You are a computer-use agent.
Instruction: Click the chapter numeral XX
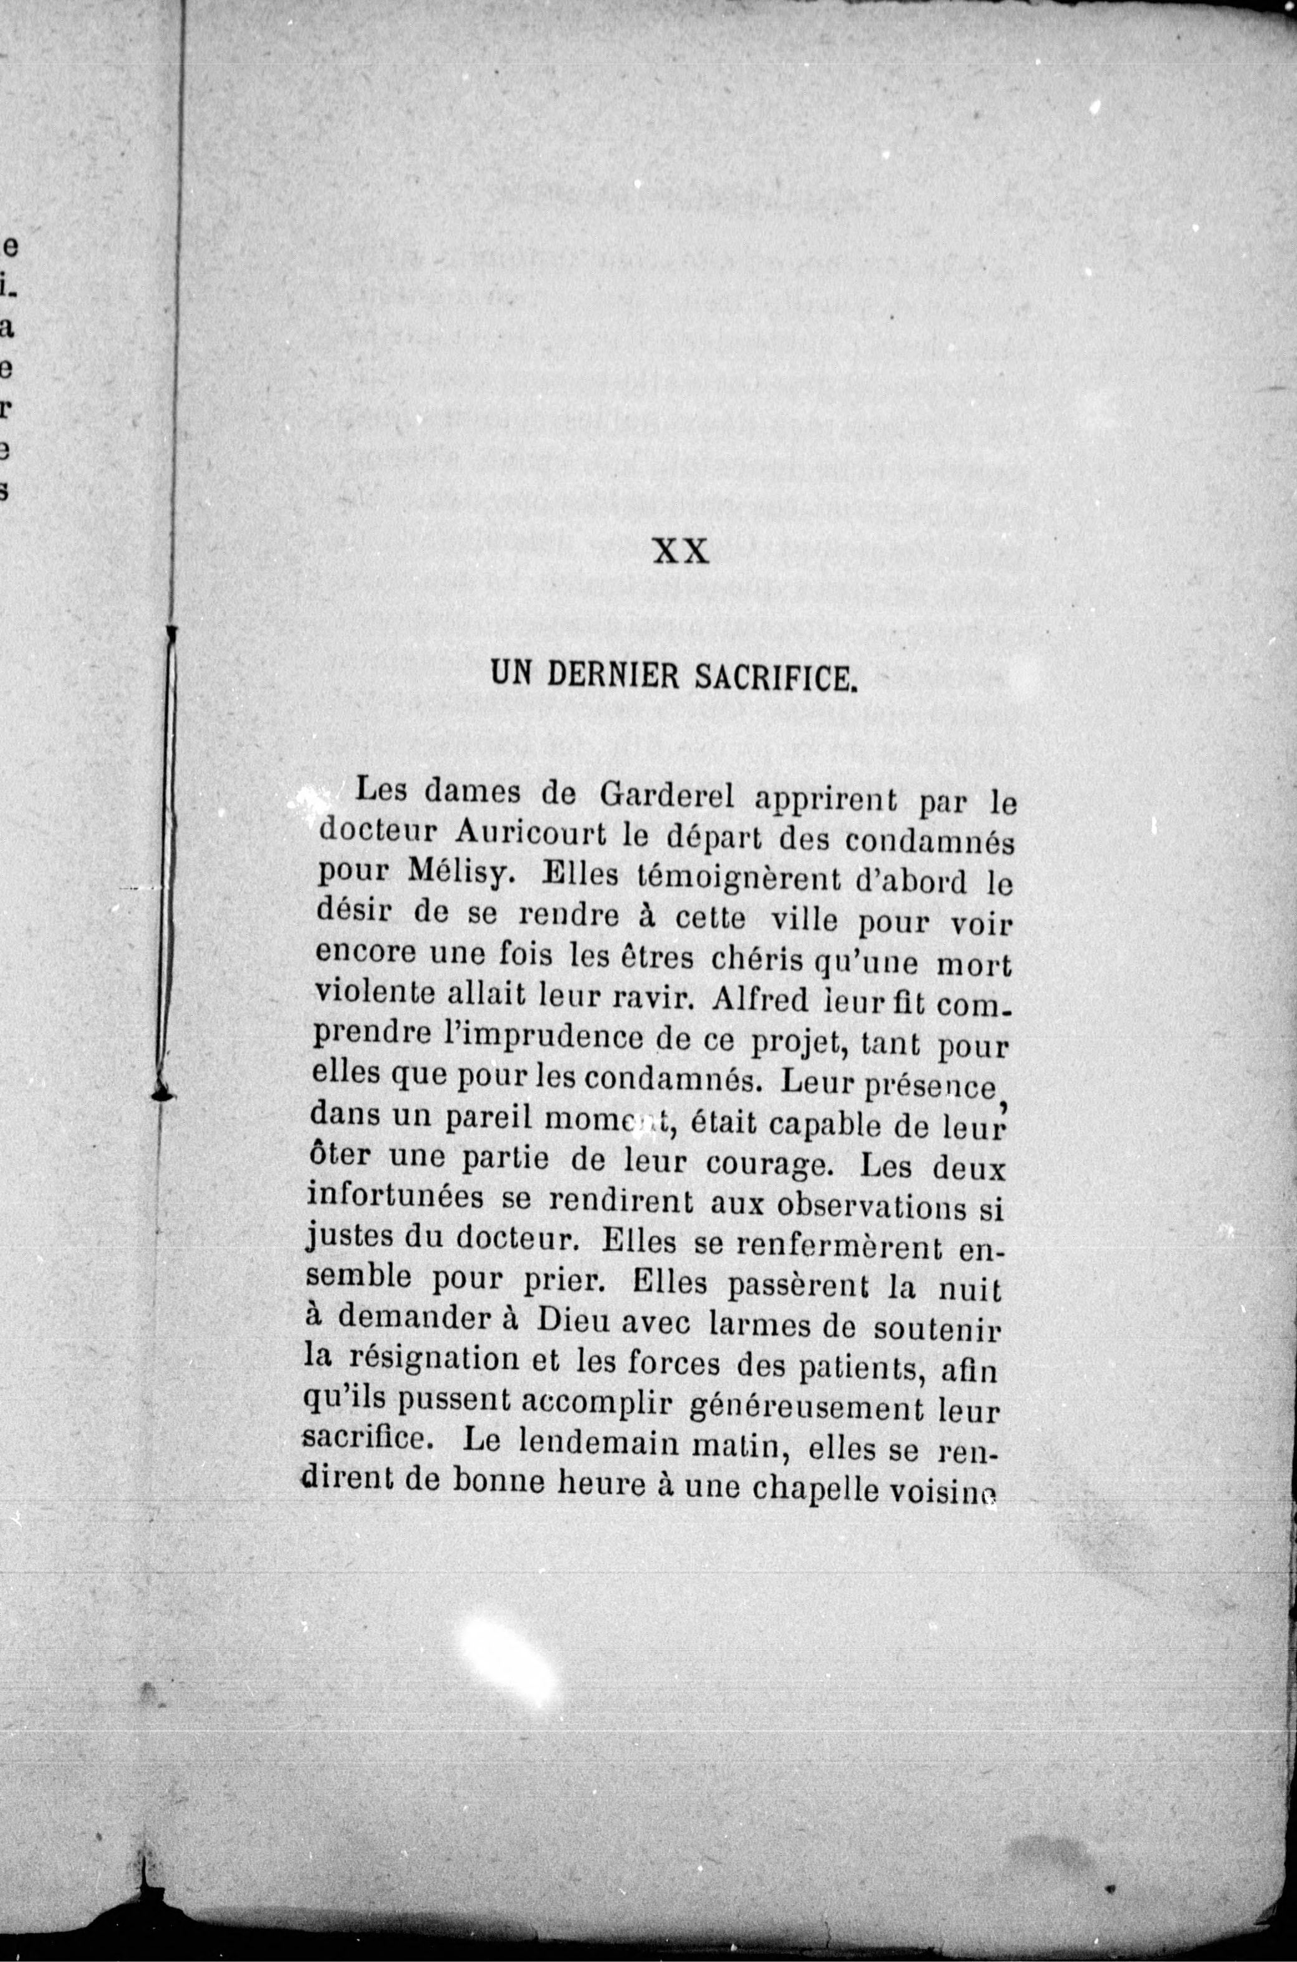(x=681, y=551)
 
